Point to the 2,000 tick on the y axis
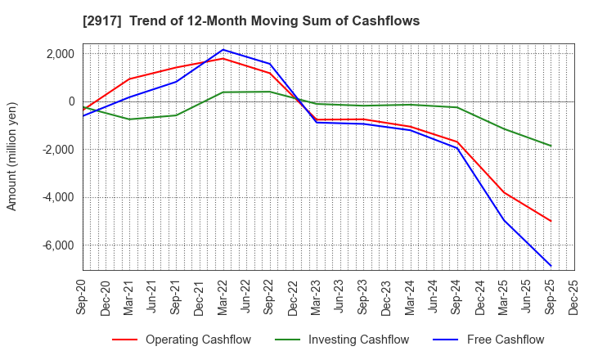(60, 54)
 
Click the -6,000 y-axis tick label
(57, 245)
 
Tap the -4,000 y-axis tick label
(57, 197)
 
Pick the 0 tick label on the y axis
(71, 101)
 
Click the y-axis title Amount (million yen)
(12, 156)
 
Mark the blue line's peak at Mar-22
(223, 50)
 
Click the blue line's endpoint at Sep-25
(551, 266)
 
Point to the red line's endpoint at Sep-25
(551, 221)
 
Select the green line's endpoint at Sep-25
(551, 146)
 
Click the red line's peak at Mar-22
(223, 58)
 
